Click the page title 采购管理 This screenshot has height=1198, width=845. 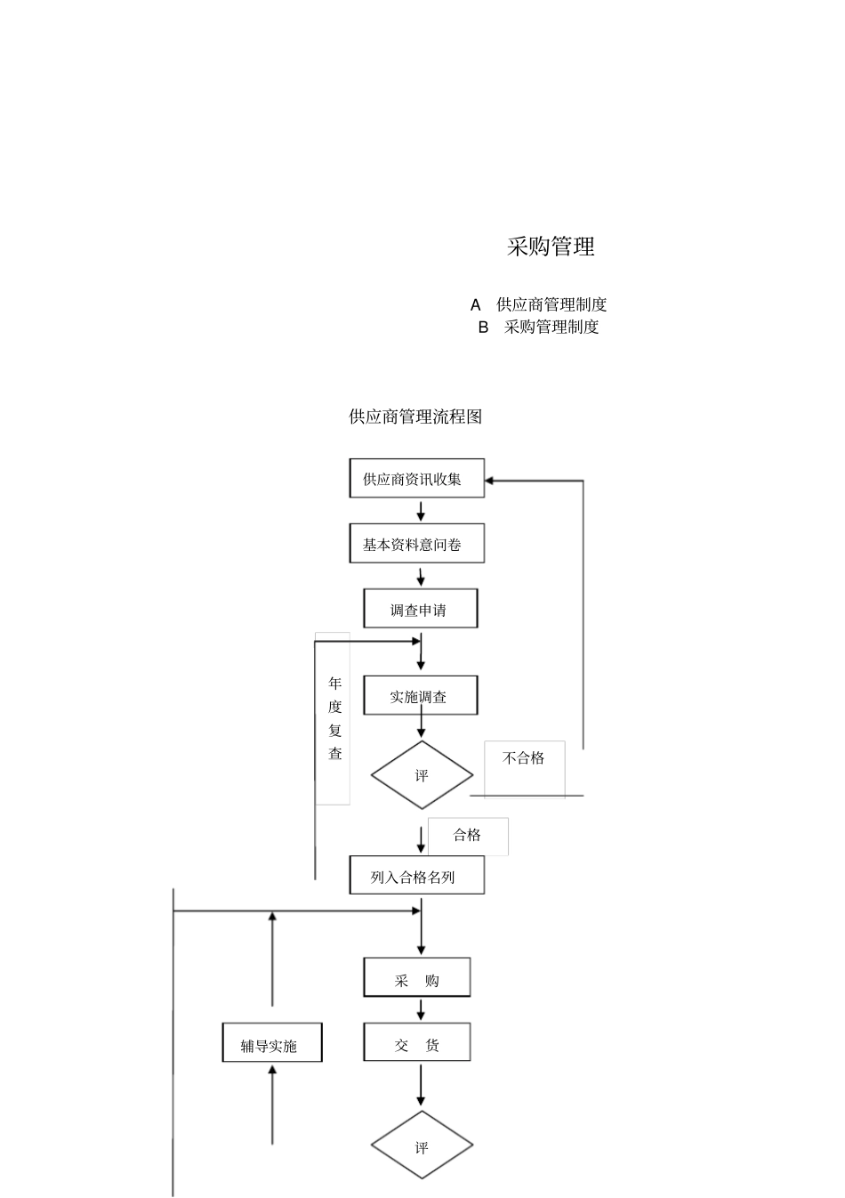tap(551, 247)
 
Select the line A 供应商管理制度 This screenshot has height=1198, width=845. tap(539, 304)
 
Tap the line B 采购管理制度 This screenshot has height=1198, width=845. tap(539, 327)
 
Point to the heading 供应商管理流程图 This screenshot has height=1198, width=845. tap(415, 417)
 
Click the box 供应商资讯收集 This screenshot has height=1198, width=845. tap(416, 479)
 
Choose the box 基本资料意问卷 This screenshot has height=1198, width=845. tap(416, 544)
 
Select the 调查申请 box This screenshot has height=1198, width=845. tap(420, 610)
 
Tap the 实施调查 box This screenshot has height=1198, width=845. tap(420, 696)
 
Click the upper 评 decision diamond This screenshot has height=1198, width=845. tap(422, 775)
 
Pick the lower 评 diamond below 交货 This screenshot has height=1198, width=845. tap(422, 1146)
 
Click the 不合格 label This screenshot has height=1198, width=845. tap(524, 758)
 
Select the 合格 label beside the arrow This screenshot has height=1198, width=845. tap(468, 835)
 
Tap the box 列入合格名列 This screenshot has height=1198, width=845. tap(416, 877)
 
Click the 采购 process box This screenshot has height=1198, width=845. tap(416, 979)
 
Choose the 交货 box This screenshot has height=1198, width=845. tap(416, 1044)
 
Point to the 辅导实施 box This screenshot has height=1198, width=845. tap(271, 1044)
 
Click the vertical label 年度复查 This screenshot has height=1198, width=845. tap(334, 718)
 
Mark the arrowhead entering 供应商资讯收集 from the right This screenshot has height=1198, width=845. tap(490, 481)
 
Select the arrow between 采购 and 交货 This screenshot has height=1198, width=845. tap(421, 1009)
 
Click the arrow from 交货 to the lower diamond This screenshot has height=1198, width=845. tap(421, 1086)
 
